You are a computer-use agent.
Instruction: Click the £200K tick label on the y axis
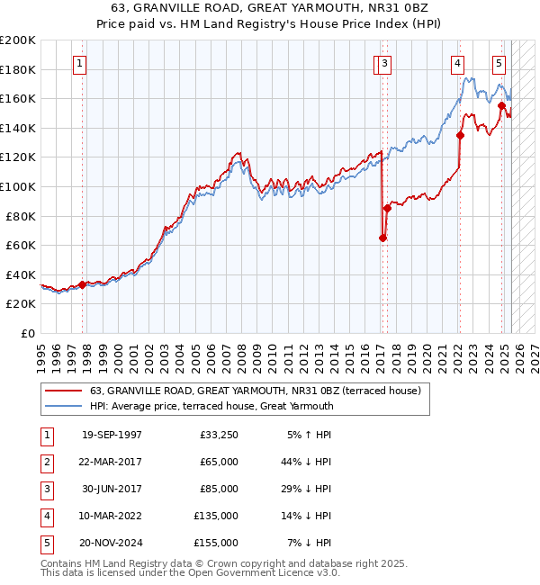[18, 40]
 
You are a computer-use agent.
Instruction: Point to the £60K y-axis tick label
[21, 245]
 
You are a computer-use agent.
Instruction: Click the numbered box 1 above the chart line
[81, 64]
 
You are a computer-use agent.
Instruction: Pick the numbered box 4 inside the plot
[457, 64]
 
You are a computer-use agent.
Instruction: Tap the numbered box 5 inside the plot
[499, 64]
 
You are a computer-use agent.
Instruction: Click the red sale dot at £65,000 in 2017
[382, 238]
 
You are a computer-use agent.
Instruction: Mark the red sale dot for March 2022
[460, 136]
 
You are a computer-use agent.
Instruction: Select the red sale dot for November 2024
[501, 106]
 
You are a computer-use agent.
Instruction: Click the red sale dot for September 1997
[82, 284]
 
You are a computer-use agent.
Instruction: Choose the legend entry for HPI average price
[211, 406]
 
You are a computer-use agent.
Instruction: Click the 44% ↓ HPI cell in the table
[307, 462]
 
